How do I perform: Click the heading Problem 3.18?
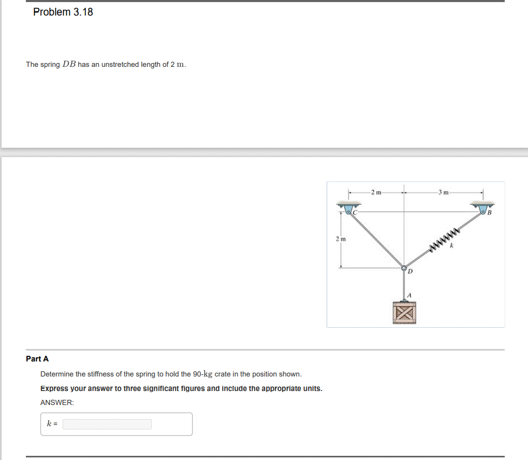click(x=63, y=12)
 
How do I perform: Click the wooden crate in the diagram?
click(x=404, y=313)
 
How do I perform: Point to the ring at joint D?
click(x=404, y=268)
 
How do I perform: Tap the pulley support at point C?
click(x=348, y=209)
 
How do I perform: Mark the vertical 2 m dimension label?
click(x=340, y=239)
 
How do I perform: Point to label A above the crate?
click(x=408, y=294)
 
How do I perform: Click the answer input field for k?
click(x=107, y=424)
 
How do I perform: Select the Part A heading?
click(x=37, y=359)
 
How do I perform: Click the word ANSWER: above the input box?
click(x=57, y=402)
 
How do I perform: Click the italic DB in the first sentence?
click(x=69, y=64)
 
